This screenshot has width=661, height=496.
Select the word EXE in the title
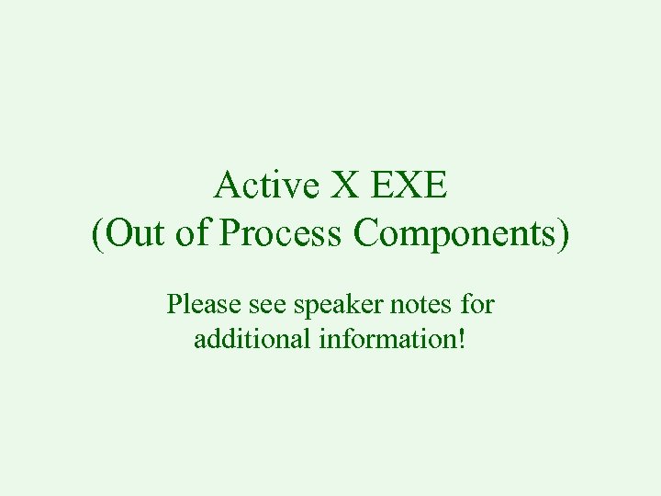coord(409,186)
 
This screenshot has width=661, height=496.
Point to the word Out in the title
coord(136,233)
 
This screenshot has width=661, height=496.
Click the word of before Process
coord(191,233)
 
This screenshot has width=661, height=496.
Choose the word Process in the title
coord(281,233)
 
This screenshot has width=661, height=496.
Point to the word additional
coord(252,339)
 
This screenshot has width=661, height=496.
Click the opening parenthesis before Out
coord(98,234)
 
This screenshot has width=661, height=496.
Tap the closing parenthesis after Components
coord(563,234)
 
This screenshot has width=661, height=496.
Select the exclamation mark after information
coord(462,339)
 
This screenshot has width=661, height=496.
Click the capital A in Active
coord(225,186)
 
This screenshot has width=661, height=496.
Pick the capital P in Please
coord(174,304)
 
